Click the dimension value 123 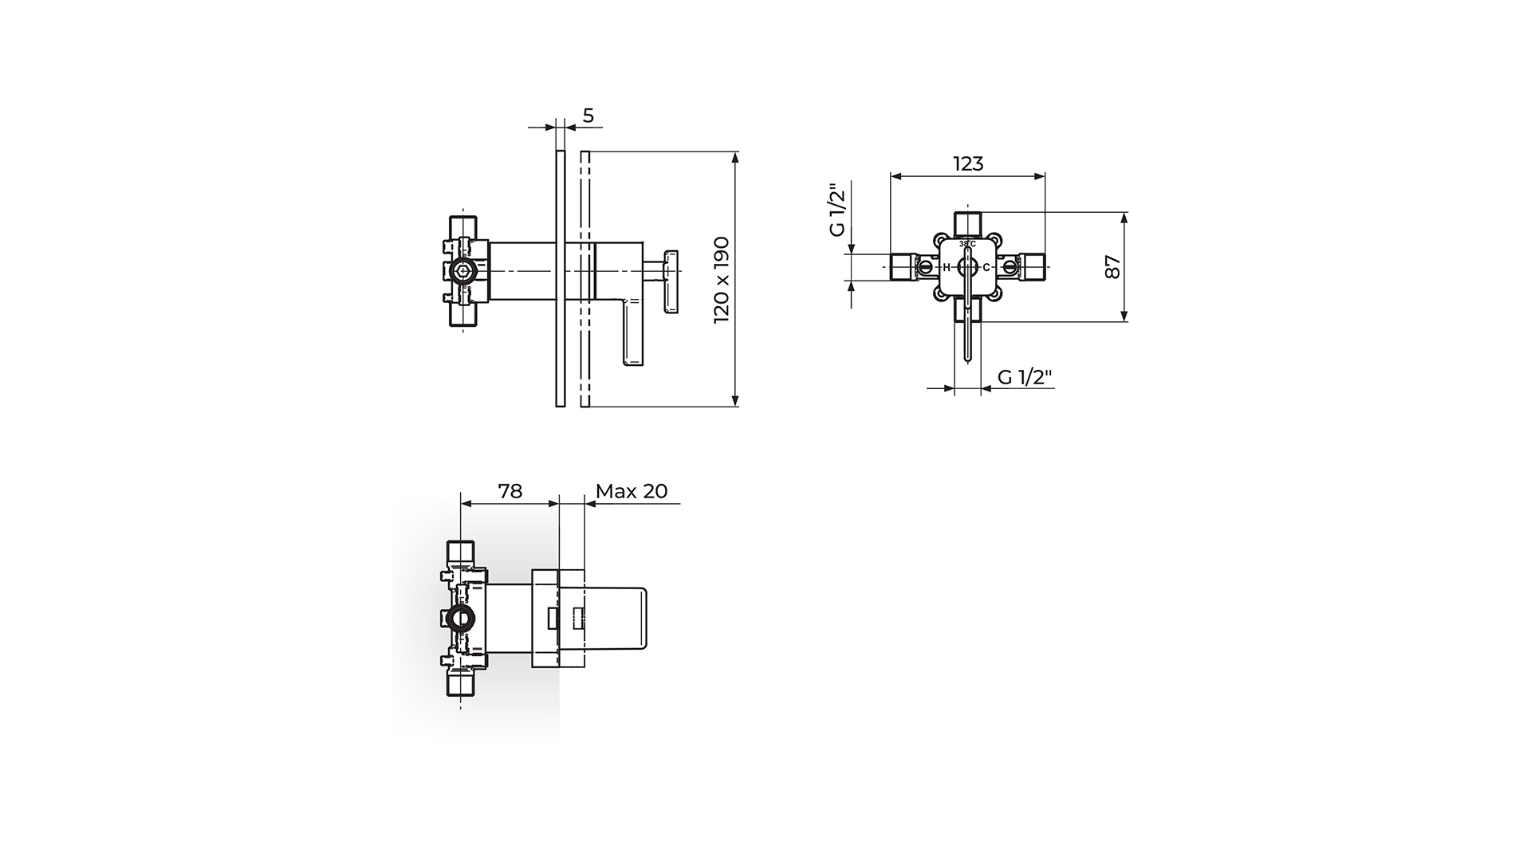(x=968, y=163)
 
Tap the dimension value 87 (x=1114, y=267)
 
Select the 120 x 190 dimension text (x=722, y=279)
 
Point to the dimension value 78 (x=510, y=491)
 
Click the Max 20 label (x=632, y=491)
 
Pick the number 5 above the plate (x=588, y=116)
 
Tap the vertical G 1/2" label (x=836, y=210)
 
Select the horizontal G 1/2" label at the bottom (x=1025, y=377)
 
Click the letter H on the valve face (x=947, y=267)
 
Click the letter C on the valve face (x=986, y=267)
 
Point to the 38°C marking (x=967, y=243)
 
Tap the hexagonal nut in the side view (x=462, y=271)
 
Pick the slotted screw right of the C (x=1010, y=267)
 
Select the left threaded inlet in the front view (x=903, y=267)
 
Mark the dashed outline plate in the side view (x=585, y=279)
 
